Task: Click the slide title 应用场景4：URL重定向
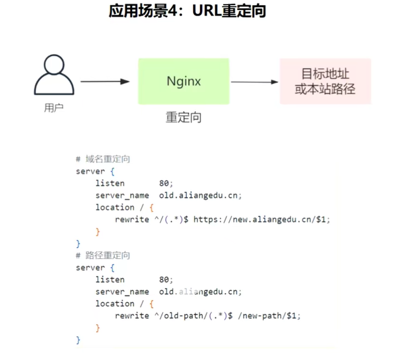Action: click(187, 11)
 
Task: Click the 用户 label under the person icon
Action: click(54, 108)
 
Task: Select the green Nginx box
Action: click(184, 81)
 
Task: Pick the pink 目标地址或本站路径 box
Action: click(325, 81)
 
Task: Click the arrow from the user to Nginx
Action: click(105, 82)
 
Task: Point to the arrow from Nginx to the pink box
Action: click(255, 82)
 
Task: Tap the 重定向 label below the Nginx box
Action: click(184, 118)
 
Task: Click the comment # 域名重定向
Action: click(103, 159)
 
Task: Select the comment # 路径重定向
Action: click(103, 255)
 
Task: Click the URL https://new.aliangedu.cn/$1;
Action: click(262, 219)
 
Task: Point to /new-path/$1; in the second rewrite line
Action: click(269, 316)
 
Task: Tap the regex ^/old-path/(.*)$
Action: click(194, 316)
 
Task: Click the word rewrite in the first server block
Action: click(132, 219)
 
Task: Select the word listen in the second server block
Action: click(110, 279)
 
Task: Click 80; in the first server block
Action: click(166, 183)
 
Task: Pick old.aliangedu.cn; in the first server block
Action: click(200, 195)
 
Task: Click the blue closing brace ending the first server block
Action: click(78, 244)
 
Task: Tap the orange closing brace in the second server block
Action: click(97, 328)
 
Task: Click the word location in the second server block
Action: click(115, 304)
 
